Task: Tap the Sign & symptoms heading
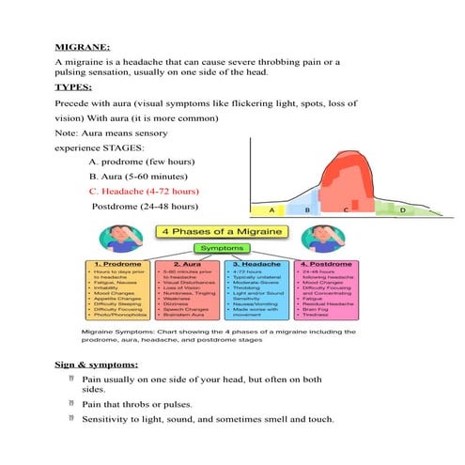97,364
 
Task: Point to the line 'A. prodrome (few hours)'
141,161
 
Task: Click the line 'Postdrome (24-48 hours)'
145,206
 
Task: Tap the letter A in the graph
271,210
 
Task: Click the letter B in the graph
307,210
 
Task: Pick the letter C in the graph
345,210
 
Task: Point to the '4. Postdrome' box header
326,267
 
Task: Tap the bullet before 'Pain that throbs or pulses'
71,402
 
